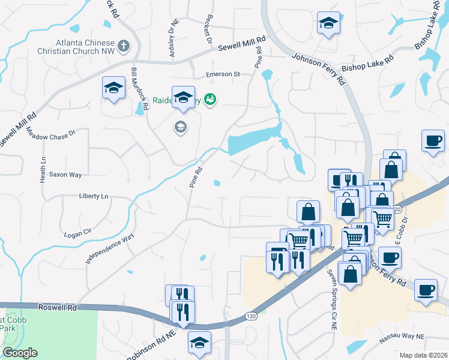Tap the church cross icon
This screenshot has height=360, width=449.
click(124, 46)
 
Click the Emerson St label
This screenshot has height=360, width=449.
click(223, 74)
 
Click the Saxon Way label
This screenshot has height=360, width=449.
click(65, 175)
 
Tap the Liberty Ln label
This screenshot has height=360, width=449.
click(94, 196)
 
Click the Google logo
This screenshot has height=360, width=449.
click(20, 353)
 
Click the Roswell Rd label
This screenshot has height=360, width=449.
click(64, 307)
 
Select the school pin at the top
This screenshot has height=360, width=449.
click(328, 23)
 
